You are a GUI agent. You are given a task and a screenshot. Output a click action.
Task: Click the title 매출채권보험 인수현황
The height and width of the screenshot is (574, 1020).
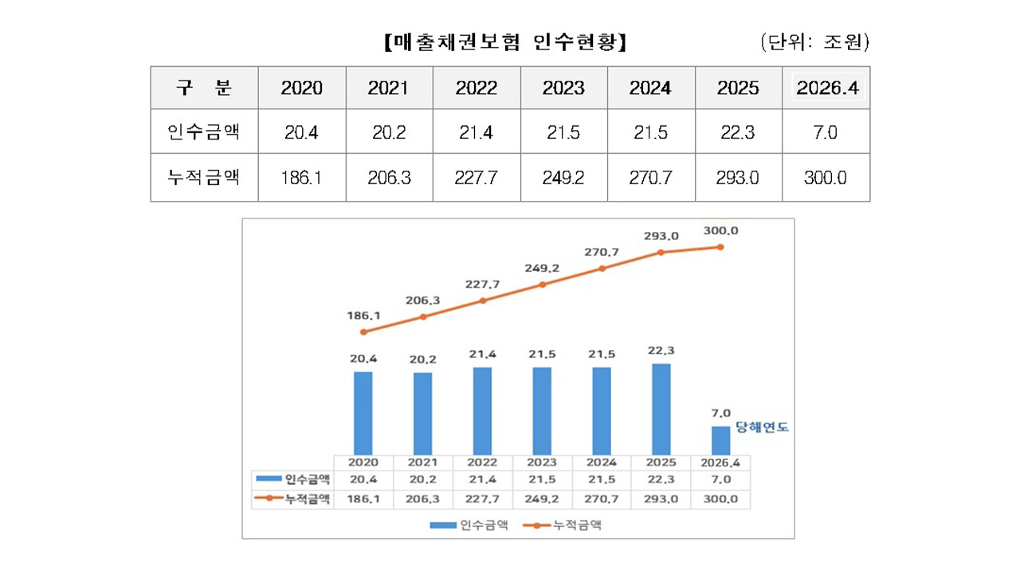[505, 42]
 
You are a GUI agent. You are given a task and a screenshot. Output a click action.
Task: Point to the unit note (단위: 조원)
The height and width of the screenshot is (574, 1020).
[814, 42]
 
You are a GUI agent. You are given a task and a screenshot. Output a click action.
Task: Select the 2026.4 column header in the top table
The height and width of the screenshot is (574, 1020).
[826, 88]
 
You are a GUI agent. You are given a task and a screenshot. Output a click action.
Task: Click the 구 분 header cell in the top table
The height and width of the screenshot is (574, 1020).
[204, 88]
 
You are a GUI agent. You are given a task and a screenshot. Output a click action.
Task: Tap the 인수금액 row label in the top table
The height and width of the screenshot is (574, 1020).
[204, 132]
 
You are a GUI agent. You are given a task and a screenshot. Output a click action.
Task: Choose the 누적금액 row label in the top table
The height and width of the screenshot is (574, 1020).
[204, 177]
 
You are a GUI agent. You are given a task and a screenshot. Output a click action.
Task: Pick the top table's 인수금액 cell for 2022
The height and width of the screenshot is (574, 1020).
[477, 132]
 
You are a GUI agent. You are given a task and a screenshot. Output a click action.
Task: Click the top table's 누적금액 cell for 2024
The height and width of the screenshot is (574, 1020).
[650, 177]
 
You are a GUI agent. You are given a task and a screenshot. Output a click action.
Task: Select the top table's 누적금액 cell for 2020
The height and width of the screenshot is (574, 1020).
[302, 177]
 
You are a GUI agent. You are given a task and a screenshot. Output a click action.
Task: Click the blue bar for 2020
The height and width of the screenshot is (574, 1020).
[363, 413]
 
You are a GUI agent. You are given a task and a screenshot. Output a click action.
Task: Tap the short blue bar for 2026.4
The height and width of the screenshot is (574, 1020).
[720, 440]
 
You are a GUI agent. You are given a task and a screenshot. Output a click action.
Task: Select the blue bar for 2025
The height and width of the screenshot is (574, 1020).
[661, 409]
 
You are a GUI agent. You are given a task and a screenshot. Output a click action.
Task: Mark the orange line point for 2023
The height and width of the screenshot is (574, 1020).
[542, 285]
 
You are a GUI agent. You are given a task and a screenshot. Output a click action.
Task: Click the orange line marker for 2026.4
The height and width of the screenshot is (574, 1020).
[720, 247]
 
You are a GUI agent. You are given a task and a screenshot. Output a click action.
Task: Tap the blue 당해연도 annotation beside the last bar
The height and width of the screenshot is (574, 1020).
[762, 427]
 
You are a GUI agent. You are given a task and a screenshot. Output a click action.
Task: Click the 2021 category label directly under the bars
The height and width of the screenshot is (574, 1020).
[423, 462]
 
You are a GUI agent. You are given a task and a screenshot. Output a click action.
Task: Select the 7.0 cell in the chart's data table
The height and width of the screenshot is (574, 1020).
[720, 479]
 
